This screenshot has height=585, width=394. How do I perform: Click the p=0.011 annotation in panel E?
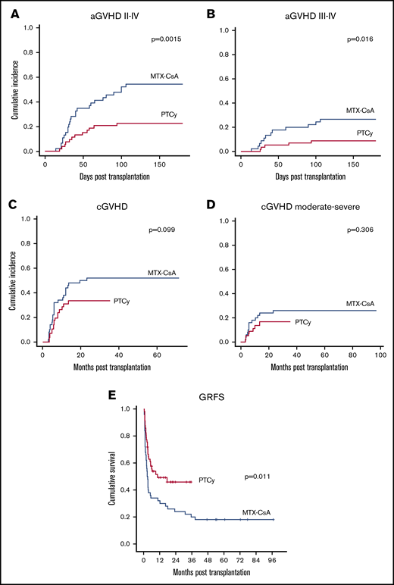coord(258,477)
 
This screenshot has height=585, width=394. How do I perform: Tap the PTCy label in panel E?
coord(208,480)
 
